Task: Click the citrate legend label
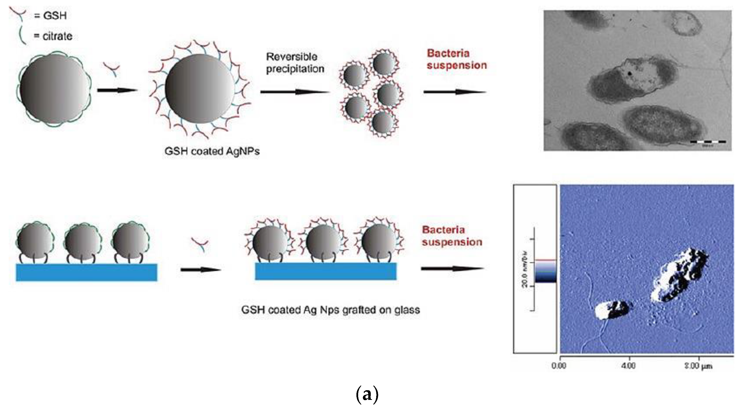coord(57,36)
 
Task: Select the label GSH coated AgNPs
coord(212,151)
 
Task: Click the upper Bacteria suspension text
coord(457,59)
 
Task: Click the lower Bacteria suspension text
coord(452,236)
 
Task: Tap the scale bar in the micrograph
coord(708,142)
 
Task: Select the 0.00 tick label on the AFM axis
coord(558,366)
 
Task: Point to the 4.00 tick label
coord(628,366)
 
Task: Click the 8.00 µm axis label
coord(698,366)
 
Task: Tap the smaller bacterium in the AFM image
coord(612,310)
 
